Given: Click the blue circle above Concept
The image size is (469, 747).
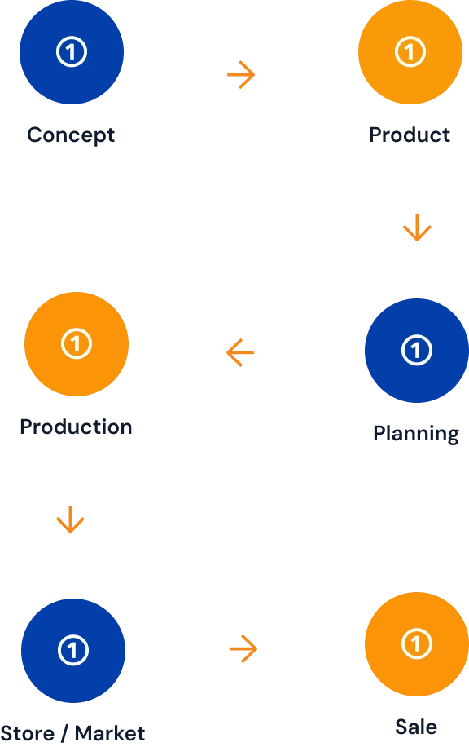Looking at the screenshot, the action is (72, 52).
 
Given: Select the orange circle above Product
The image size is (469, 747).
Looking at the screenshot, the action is (410, 52).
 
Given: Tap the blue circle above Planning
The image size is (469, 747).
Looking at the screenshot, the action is (417, 351).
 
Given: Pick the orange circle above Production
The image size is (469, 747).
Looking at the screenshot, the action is (77, 344).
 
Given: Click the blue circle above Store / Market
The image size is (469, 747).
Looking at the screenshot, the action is (73, 650).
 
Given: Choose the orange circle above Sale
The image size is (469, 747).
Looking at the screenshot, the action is (417, 644).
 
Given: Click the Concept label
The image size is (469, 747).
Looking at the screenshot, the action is (71, 135).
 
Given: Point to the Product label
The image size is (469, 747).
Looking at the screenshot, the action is (410, 135).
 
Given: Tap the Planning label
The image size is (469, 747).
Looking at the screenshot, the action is (416, 434).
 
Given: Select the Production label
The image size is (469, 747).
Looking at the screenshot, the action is (76, 427).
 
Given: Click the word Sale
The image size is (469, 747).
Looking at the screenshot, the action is (416, 727).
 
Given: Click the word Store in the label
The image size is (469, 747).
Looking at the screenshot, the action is (28, 734).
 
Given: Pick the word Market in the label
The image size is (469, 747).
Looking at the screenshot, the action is (110, 734).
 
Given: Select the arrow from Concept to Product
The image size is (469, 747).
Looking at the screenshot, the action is (241, 75).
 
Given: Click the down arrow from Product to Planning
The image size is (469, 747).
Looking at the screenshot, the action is (417, 228).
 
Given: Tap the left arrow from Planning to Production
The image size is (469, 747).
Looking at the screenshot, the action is (240, 352).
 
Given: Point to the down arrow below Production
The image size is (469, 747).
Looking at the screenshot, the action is (70, 519).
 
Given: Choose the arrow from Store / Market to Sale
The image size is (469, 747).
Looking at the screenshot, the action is (243, 648).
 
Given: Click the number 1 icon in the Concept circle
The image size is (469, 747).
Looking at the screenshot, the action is (72, 51).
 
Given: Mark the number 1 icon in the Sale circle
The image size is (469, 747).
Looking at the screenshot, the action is (417, 643).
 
